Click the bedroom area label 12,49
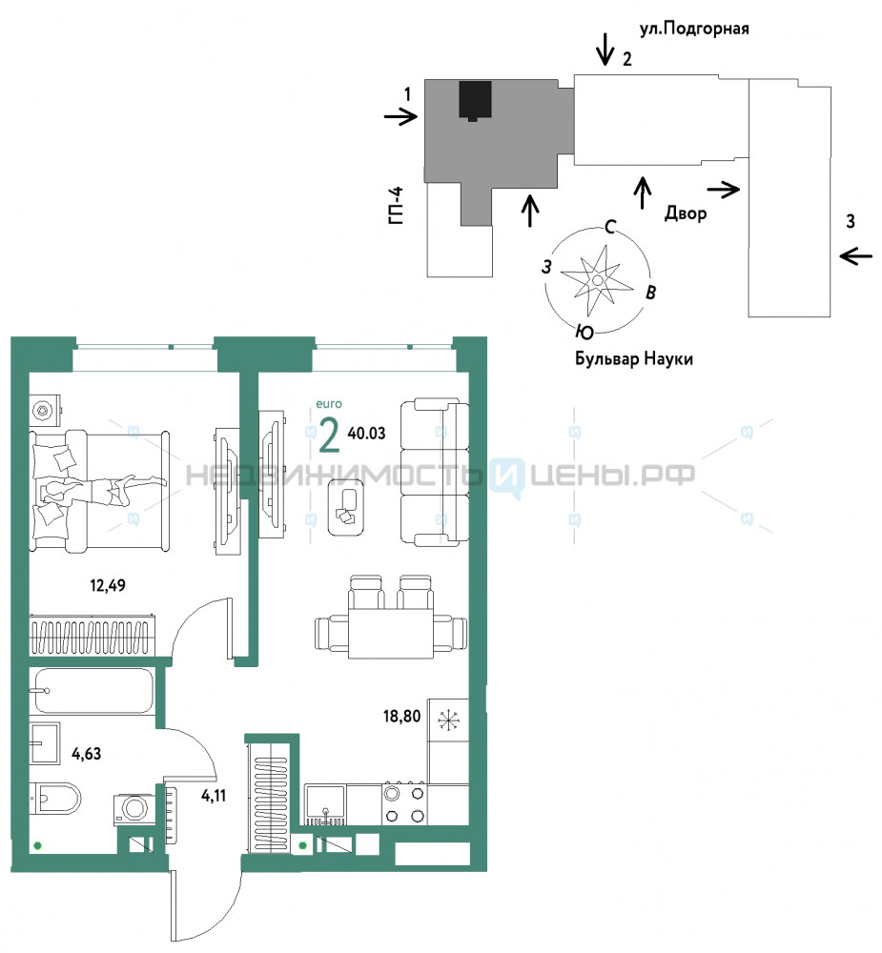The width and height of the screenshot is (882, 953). tap(108, 585)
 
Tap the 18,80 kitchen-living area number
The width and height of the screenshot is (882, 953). tap(401, 716)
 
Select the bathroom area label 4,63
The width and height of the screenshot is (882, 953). tap(87, 754)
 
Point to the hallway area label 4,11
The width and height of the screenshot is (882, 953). tap(214, 795)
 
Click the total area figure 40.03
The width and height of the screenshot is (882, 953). tap(366, 433)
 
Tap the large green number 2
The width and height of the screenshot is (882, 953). tap(329, 436)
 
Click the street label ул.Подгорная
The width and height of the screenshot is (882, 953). tap(694, 29)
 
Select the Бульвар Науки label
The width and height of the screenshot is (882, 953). tap(634, 358)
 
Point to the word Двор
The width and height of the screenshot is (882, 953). tap(686, 213)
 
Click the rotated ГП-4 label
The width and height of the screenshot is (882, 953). tap(396, 206)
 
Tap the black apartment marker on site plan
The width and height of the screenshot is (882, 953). tap(475, 100)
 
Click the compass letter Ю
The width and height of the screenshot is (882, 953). tap(585, 332)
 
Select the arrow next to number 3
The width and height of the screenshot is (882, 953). tap(856, 256)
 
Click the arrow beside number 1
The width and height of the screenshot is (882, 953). tap(400, 115)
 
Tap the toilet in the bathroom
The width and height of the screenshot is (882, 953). tap(55, 798)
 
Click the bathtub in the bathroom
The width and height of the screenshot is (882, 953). tap(93, 691)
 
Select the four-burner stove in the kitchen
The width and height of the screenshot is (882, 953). tap(404, 804)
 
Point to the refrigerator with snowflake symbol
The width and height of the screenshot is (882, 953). tap(448, 720)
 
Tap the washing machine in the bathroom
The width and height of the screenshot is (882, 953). tap(133, 809)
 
